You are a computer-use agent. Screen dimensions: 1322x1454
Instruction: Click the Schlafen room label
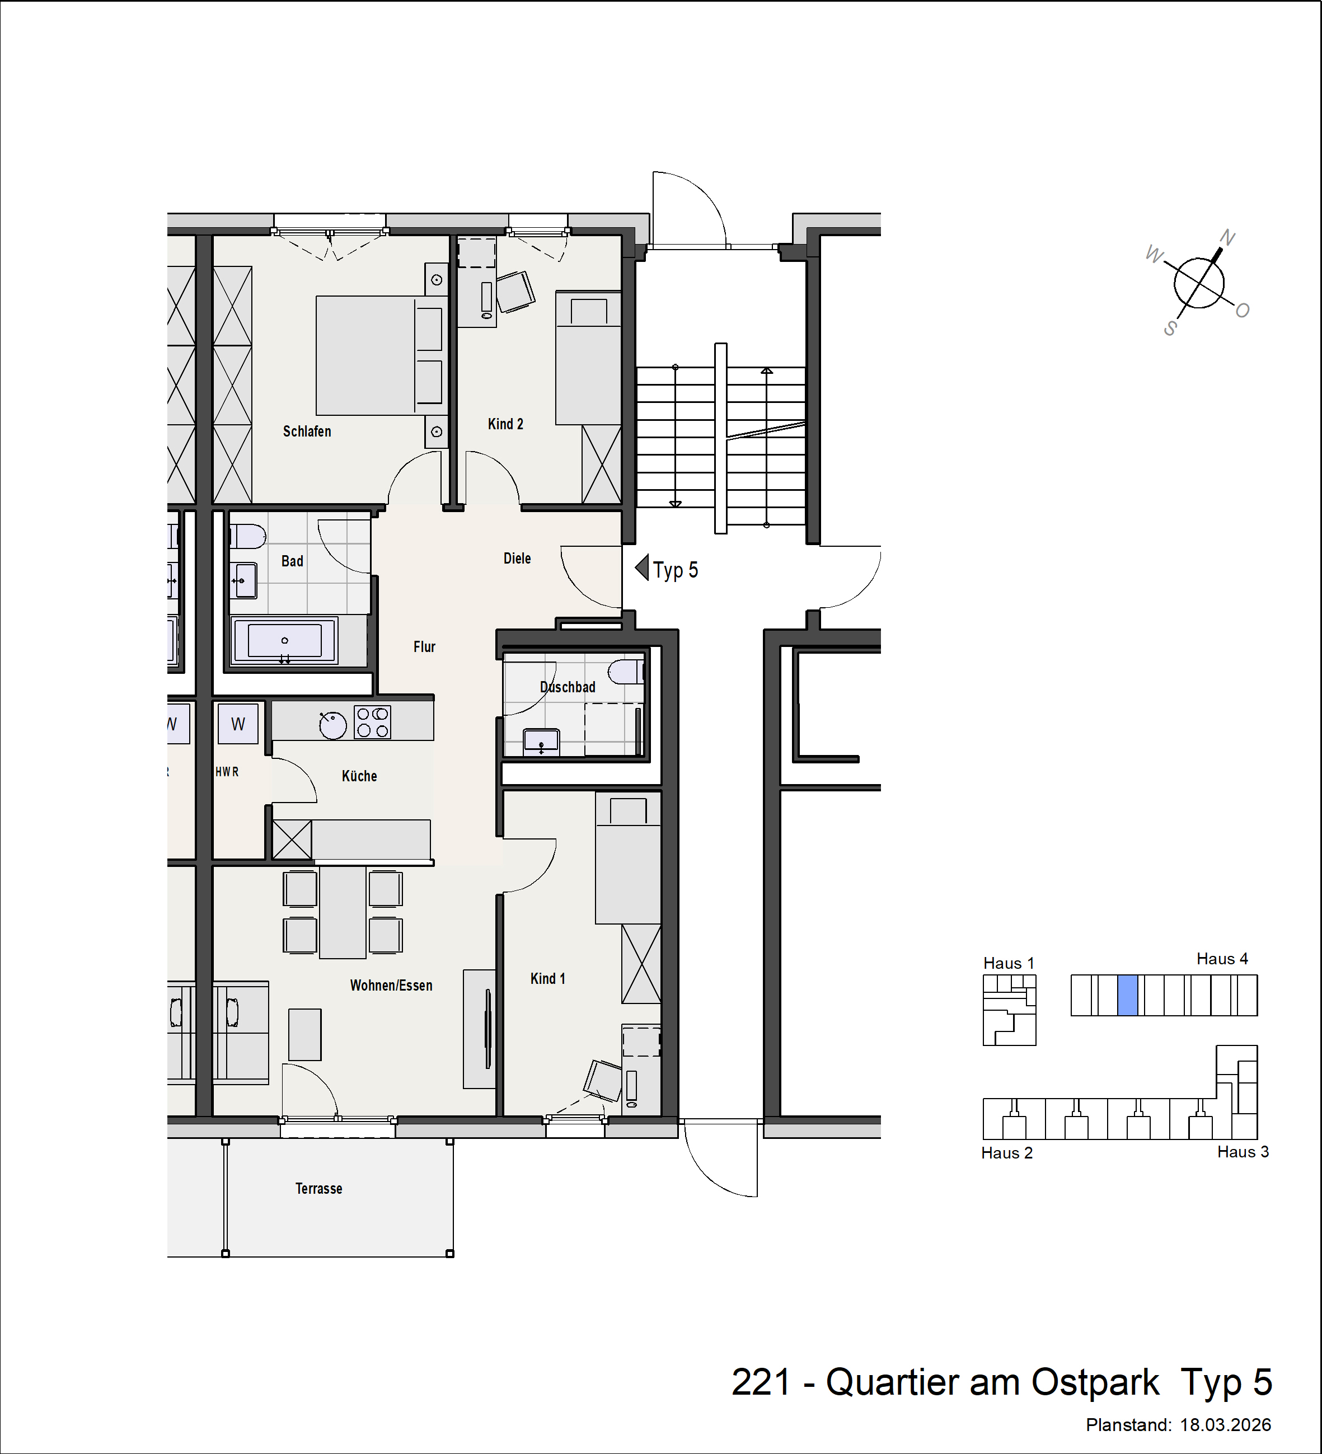pos(307,431)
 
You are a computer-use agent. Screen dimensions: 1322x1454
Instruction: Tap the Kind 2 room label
pos(505,424)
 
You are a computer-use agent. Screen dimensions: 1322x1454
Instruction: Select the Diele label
pos(517,558)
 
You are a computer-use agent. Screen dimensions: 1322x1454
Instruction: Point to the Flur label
pos(424,647)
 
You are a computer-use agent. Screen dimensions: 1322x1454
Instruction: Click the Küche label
pos(359,776)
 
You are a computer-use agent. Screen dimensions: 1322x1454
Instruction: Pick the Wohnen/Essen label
pos(391,985)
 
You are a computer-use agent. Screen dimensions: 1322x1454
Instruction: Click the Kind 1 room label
pos(547,979)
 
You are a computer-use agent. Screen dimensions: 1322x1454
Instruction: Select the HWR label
pos(227,772)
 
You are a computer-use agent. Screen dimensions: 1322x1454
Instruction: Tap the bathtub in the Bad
pos(284,640)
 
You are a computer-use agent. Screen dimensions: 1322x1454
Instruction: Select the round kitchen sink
pos(332,725)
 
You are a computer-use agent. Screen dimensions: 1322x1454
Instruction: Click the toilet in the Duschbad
pos(625,672)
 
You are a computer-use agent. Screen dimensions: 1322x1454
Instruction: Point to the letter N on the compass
pos(1227,238)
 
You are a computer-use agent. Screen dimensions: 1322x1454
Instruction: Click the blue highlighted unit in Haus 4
pos(1127,995)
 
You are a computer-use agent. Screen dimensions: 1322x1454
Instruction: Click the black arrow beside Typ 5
pos(642,568)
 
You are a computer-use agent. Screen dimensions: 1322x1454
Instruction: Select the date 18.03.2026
pos(1225,1425)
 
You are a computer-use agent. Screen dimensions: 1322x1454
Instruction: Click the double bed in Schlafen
pos(381,355)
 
